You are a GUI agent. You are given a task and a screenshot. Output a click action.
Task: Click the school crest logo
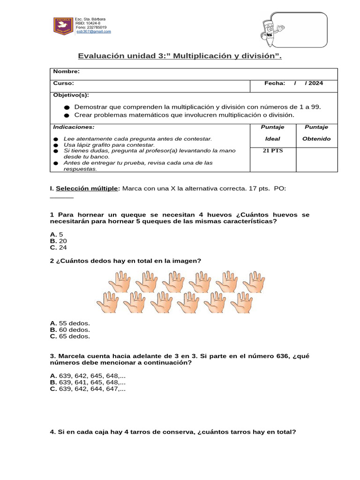[x=62, y=25]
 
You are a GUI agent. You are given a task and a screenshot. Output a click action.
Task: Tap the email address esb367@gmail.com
[x=93, y=31]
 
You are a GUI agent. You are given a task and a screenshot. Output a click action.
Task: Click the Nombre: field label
[x=66, y=71]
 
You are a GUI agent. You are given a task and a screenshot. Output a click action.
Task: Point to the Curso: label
[x=63, y=83]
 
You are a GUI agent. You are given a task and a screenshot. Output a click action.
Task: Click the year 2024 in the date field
[x=316, y=83]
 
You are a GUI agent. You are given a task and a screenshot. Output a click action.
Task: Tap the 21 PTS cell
[x=272, y=151]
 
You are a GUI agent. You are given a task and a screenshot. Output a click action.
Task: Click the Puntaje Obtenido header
[x=316, y=133]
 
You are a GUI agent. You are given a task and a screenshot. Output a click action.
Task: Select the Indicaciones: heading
[x=74, y=127]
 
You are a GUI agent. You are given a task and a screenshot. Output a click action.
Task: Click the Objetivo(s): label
[x=71, y=95]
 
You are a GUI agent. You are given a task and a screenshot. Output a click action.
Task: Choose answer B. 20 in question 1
[x=59, y=240]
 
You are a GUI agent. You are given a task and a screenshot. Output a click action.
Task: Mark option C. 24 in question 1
[x=59, y=247]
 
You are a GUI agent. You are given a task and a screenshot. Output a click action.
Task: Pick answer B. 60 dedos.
[x=70, y=330]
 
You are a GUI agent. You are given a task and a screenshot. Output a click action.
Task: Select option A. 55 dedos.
[x=70, y=323]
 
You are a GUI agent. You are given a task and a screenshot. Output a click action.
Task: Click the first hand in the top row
[x=120, y=282]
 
